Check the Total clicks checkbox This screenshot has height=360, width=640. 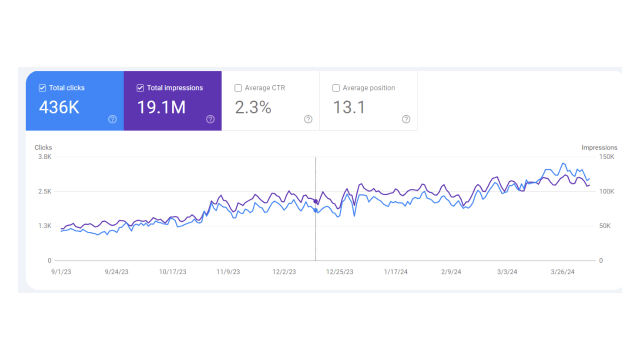42,88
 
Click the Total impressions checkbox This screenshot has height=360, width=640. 140,88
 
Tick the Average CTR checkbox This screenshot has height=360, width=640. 238,88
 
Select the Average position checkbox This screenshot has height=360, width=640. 336,88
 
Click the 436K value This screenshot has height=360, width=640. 59,107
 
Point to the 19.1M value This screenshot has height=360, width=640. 161,107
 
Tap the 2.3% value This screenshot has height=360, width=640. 253,107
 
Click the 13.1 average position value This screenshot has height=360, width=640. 349,107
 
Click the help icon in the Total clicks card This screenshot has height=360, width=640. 112,119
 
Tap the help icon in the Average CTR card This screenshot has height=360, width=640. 308,119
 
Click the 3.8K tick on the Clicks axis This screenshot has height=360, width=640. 44,157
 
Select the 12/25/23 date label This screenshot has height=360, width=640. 339,272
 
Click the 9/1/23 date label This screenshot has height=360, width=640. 60,272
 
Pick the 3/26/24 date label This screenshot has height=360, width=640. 563,272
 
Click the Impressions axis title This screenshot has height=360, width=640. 599,147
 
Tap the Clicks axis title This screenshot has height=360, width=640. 43,147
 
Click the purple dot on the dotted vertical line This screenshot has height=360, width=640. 315,201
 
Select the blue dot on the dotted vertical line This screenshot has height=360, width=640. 315,210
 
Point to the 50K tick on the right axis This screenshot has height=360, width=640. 604,226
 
